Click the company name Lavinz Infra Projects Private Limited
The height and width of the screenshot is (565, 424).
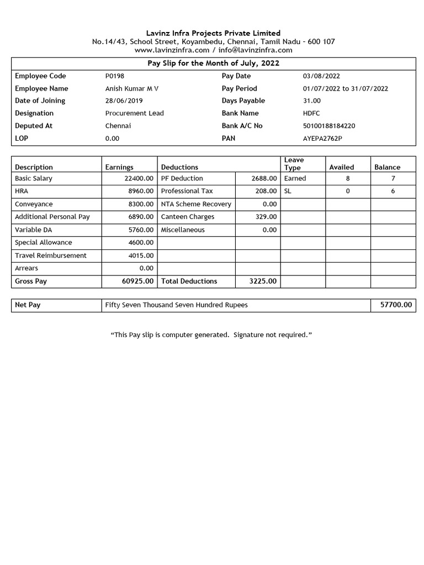pyautogui.click(x=213, y=33)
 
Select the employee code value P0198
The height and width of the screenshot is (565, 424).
pyautogui.click(x=115, y=76)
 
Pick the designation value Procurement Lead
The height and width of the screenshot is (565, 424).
pyautogui.click(x=134, y=113)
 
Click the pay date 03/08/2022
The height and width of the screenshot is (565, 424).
pyautogui.click(x=321, y=76)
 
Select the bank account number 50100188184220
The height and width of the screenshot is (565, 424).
pyautogui.click(x=329, y=126)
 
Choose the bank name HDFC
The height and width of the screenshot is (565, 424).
pyautogui.click(x=312, y=113)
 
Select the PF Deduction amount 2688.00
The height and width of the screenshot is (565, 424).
pyautogui.click(x=263, y=179)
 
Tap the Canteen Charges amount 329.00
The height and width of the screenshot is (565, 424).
pyautogui.click(x=266, y=217)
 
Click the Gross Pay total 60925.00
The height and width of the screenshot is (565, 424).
pyautogui.click(x=137, y=281)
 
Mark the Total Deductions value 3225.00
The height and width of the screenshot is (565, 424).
pyautogui.click(x=263, y=281)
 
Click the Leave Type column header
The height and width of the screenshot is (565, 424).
pyautogui.click(x=293, y=163)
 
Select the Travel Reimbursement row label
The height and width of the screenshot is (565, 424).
pyautogui.click(x=50, y=255)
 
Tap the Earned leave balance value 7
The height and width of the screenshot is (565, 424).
pyautogui.click(x=393, y=179)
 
